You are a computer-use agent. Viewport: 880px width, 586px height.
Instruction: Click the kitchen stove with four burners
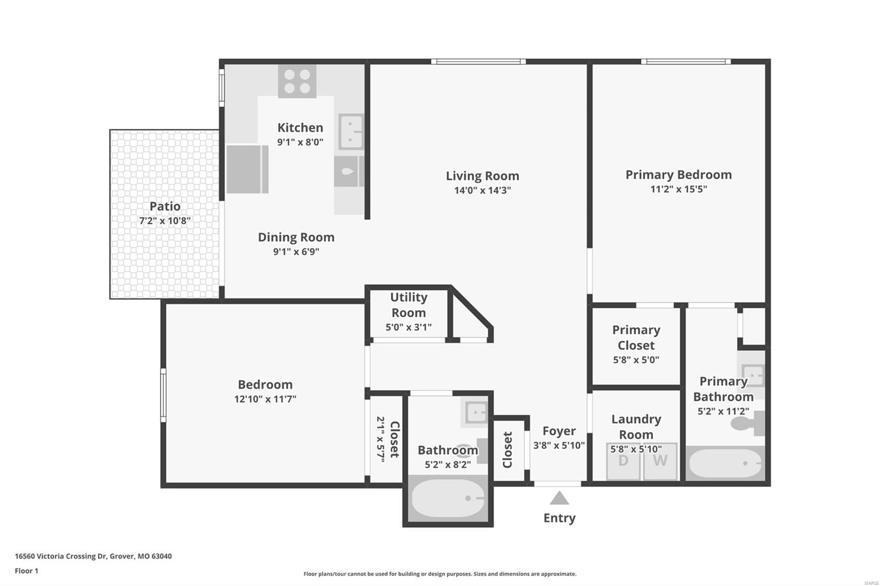click(297, 81)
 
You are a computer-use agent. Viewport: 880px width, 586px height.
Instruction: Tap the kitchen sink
click(351, 131)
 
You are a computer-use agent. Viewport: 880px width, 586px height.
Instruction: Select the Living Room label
click(482, 176)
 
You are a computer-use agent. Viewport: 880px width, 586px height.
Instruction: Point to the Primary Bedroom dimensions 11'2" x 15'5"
click(679, 189)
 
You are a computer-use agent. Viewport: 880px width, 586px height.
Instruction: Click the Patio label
click(165, 206)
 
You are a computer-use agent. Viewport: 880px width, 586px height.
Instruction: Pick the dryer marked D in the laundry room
click(624, 461)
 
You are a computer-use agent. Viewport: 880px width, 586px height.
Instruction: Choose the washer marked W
click(661, 461)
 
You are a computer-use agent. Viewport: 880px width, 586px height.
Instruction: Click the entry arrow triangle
click(559, 498)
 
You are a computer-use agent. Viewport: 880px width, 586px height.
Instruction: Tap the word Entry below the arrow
click(559, 518)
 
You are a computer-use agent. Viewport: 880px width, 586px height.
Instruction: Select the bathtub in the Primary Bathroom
click(725, 463)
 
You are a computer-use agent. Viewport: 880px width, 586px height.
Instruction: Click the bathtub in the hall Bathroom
click(448, 499)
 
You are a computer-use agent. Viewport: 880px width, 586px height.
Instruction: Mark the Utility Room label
click(409, 305)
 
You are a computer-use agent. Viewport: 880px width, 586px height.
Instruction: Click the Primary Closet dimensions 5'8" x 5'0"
click(636, 360)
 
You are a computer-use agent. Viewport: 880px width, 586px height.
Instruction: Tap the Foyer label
click(559, 431)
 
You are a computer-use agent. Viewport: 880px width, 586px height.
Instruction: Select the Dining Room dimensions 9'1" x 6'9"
click(296, 251)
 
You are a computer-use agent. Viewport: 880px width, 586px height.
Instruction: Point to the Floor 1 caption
click(26, 571)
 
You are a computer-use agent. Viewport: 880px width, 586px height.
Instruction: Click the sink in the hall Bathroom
click(475, 413)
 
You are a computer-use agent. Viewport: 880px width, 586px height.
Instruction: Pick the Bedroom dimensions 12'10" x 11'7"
click(265, 399)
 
